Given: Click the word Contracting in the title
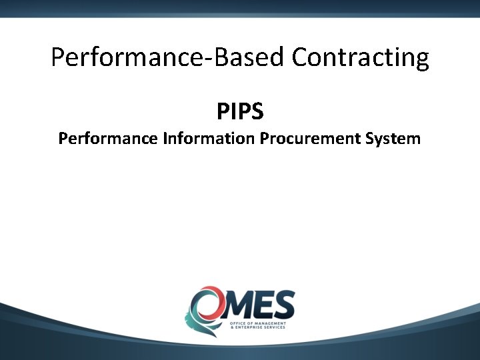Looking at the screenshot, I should point(361,58).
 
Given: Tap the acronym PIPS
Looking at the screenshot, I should point(240,111).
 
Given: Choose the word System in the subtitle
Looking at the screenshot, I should point(393,139).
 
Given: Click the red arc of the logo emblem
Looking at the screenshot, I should point(201,291).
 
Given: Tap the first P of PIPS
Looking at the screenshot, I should point(223,111).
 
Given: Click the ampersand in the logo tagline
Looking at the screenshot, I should point(231,327).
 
